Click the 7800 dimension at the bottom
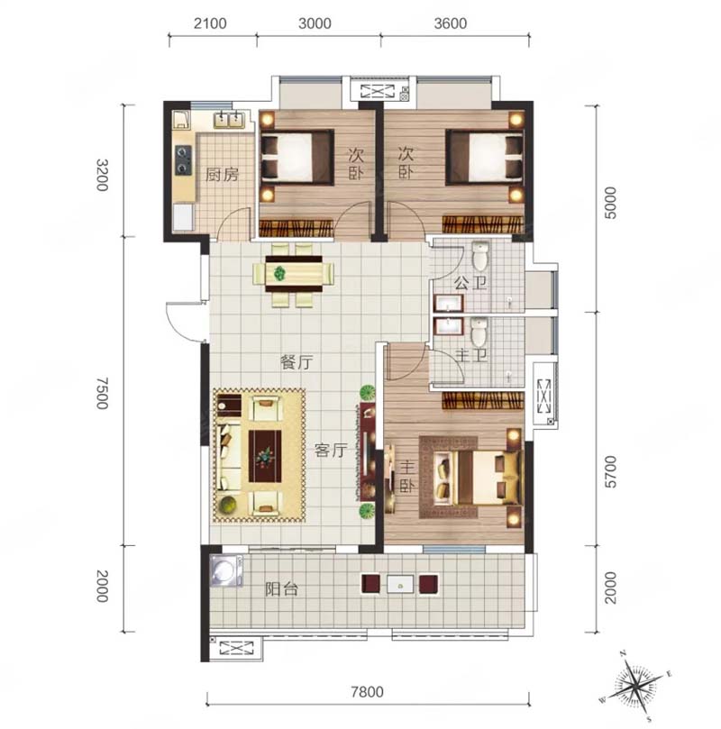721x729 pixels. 367,692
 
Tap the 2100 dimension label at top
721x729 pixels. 210,23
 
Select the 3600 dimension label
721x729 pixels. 450,23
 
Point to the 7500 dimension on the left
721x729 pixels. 102,393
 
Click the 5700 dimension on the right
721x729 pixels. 610,471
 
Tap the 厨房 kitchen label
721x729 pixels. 222,174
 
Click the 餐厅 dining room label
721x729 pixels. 297,362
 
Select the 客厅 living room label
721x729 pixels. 331,450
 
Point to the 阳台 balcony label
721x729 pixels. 281,589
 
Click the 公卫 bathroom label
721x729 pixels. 470,283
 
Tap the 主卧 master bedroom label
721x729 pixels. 406,476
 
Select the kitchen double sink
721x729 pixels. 229,120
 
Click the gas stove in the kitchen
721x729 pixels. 183,160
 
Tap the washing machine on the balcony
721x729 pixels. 226,570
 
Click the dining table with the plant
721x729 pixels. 294,274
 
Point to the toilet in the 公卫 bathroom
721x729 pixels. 480,255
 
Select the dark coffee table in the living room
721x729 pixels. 265,456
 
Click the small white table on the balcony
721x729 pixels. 400,585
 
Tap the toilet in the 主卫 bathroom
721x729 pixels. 479,331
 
